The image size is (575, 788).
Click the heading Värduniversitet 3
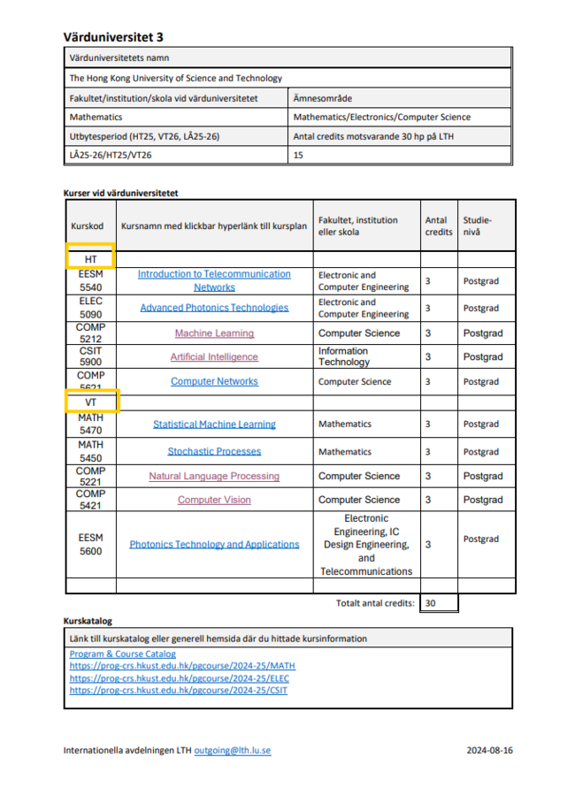pyautogui.click(x=113, y=36)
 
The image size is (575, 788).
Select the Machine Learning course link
pyautogui.click(x=214, y=333)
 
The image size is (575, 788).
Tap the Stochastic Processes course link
pyautogui.click(x=214, y=451)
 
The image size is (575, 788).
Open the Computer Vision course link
pyautogui.click(x=214, y=500)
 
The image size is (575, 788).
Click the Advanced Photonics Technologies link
pyautogui.click(x=214, y=308)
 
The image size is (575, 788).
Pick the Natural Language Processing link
pyautogui.click(x=214, y=476)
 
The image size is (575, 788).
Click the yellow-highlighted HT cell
pyautogui.click(x=91, y=258)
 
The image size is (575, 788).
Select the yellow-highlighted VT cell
pyautogui.click(x=91, y=402)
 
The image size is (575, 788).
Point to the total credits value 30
pyautogui.click(x=431, y=603)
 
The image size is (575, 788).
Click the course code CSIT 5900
pyautogui.click(x=91, y=356)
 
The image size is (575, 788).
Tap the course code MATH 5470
pyautogui.click(x=91, y=425)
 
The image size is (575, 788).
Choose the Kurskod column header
pyautogui.click(x=88, y=226)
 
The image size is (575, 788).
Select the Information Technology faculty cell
pyautogui.click(x=344, y=356)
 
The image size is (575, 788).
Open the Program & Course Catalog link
pyautogui.click(x=122, y=654)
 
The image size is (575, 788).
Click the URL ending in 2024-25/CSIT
pyautogui.click(x=178, y=690)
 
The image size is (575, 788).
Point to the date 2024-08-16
pyautogui.click(x=490, y=750)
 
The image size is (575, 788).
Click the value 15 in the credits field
pyautogui.click(x=298, y=155)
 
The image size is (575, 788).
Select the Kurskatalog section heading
pyautogui.click(x=88, y=621)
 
